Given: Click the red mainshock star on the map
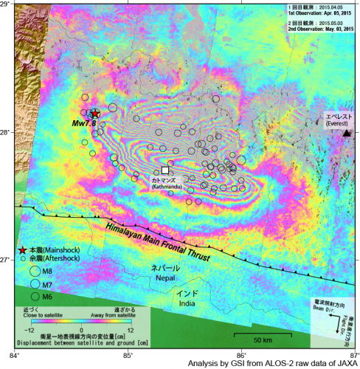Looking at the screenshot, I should click(x=94, y=114).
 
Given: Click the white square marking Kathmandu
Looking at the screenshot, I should click(x=165, y=170).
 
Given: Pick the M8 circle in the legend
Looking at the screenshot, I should click(x=35, y=271).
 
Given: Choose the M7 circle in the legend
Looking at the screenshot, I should click(x=35, y=283).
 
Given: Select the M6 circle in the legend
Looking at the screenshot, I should click(x=35, y=296).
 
